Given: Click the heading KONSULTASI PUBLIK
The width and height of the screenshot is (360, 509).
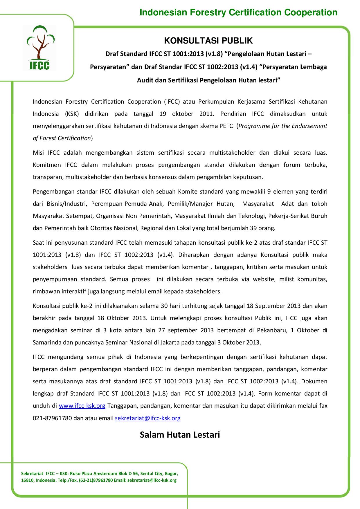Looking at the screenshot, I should pyautogui.click(x=208, y=41).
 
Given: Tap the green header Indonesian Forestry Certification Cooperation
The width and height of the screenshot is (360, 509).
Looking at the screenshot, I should pyautogui.click(x=238, y=12).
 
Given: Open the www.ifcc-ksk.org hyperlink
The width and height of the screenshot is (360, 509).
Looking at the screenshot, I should pyautogui.click(x=82, y=406).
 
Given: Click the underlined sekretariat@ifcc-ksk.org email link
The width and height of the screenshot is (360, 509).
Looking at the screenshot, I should pyautogui.click(x=148, y=418).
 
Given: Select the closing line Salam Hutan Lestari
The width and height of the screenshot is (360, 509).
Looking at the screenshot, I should pyautogui.click(x=180, y=435).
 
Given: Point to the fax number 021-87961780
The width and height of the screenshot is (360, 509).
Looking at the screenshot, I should pyautogui.click(x=52, y=418).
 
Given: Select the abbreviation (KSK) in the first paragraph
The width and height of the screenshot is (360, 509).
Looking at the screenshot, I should pyautogui.click(x=72, y=114).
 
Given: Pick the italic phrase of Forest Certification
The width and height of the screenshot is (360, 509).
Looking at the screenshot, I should pyautogui.click(x=62, y=138).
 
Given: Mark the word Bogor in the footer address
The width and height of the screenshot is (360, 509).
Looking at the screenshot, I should pyautogui.click(x=171, y=474).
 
